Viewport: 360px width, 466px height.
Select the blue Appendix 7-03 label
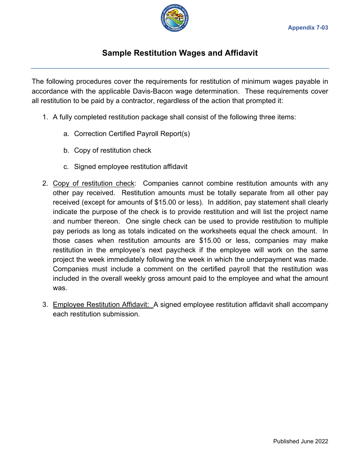[x=308, y=28]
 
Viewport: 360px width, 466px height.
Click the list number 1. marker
[x=45, y=117]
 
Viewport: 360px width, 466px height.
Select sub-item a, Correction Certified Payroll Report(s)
[x=132, y=134]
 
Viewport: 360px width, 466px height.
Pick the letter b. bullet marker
[x=66, y=150]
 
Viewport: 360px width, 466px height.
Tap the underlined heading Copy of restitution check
[x=94, y=183]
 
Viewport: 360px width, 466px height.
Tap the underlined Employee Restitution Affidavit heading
[x=102, y=305]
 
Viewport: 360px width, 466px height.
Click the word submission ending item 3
[x=121, y=314]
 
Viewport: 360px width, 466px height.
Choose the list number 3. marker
[x=45, y=305]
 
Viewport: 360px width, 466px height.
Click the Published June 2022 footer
[x=301, y=441]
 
